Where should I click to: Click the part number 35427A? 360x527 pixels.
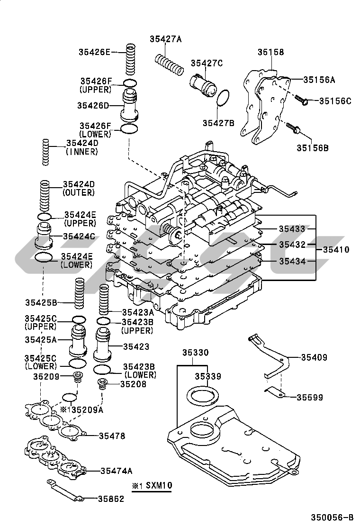tap(166, 39)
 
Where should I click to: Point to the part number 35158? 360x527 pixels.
tap(271, 53)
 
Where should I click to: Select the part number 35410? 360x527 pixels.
tap(336, 250)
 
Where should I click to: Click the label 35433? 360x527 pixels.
tap(291, 229)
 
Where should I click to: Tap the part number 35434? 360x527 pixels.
tap(291, 261)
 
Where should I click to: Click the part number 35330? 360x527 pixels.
tap(194, 353)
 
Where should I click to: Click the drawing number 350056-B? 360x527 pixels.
tap(332, 518)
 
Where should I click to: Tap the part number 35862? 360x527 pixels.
tap(111, 499)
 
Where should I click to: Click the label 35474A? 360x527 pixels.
tap(116, 471)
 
